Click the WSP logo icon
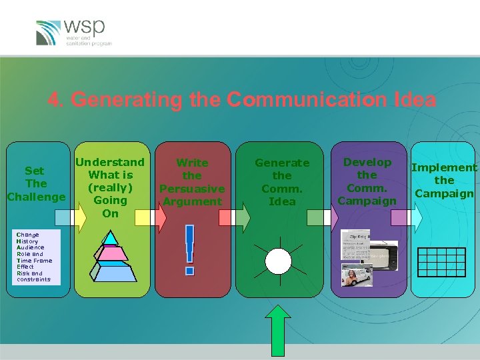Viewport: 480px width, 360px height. pos(48,32)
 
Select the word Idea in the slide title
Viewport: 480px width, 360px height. pos(415,100)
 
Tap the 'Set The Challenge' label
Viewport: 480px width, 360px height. pos(36,184)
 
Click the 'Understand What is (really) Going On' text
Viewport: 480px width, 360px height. pos(110,187)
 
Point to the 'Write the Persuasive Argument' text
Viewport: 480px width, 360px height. pos(192,181)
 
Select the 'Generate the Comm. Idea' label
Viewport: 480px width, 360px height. pos(282,181)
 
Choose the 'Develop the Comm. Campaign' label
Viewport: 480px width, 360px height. pos(367,181)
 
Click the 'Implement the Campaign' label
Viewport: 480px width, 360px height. pos(444,180)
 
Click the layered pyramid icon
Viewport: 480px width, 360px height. pos(110,257)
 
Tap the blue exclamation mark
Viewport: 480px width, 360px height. pos(190,250)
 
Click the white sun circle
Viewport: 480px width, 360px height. pos(278,261)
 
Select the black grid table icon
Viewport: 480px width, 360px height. pos(441,261)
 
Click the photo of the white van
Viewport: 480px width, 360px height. pos(356,275)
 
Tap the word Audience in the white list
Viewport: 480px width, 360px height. pos(30,247)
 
